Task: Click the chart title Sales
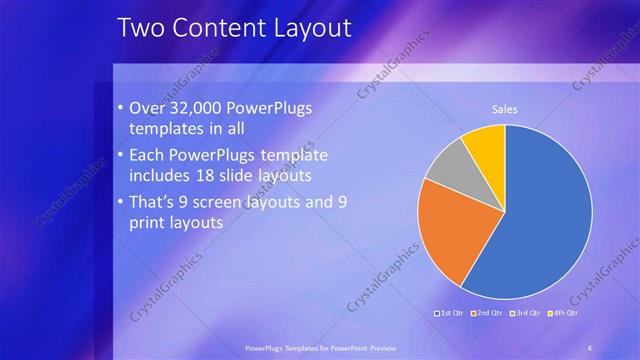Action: (503, 109)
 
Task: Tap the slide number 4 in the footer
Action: (589, 348)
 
